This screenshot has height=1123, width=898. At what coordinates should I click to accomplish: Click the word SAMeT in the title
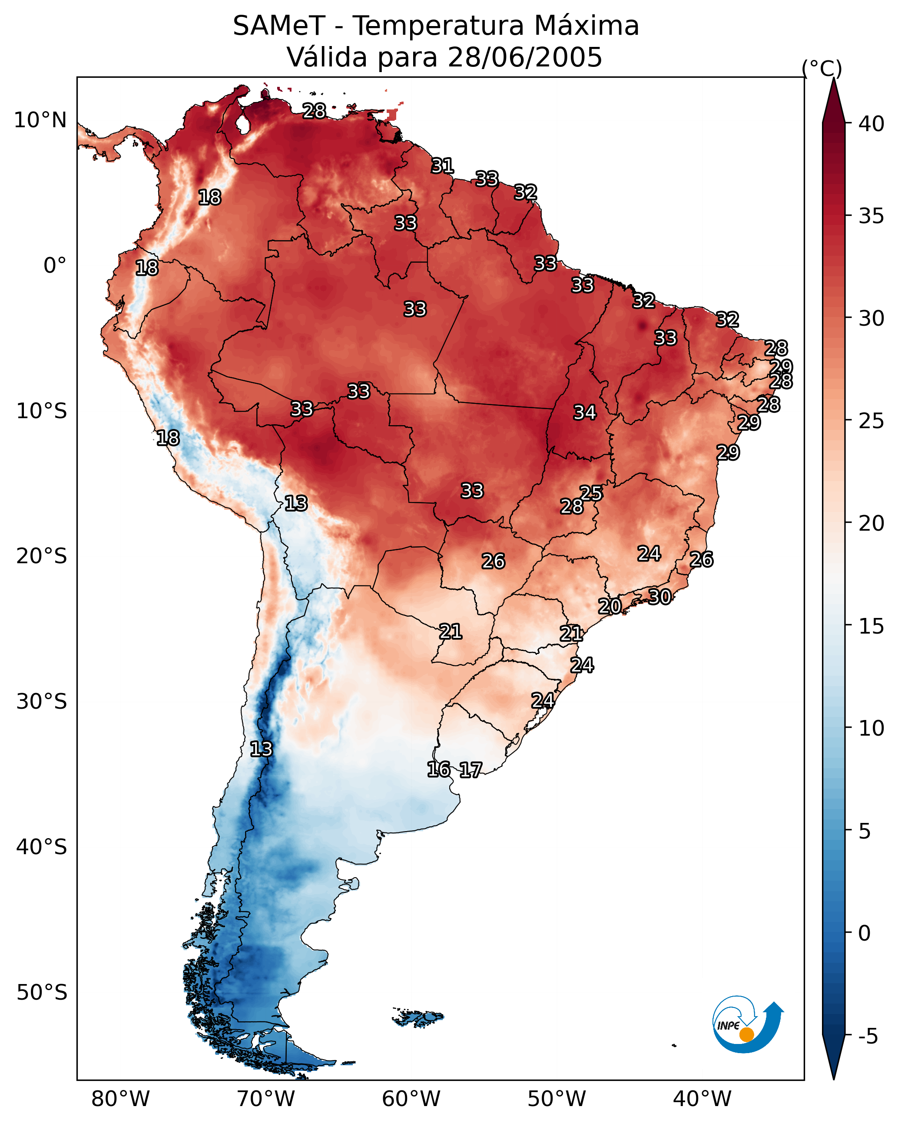[x=278, y=26]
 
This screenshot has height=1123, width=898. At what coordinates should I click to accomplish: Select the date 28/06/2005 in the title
[x=524, y=57]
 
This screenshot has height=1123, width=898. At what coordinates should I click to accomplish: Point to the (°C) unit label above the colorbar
[x=822, y=68]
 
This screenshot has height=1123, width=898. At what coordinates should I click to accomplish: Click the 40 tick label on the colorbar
[x=871, y=124]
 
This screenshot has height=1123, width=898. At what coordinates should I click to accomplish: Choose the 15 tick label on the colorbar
[x=871, y=626]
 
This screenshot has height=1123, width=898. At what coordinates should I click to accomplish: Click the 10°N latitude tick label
[x=40, y=120]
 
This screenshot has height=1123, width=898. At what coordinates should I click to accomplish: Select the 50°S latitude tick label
[x=42, y=993]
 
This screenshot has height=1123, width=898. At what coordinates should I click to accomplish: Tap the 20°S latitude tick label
[x=42, y=556]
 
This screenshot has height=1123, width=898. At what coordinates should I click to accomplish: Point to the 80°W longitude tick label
[x=120, y=1099]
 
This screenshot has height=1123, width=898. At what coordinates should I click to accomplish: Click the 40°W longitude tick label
[x=702, y=1099]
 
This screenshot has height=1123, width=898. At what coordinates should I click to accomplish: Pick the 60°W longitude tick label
[x=411, y=1099]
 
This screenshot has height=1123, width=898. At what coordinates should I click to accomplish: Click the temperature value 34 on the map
[x=585, y=413]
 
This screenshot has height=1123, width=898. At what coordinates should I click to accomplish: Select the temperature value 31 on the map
[x=443, y=166]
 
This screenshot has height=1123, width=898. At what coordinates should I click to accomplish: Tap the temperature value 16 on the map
[x=438, y=770]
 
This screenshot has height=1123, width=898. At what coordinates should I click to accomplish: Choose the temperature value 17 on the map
[x=471, y=770]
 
